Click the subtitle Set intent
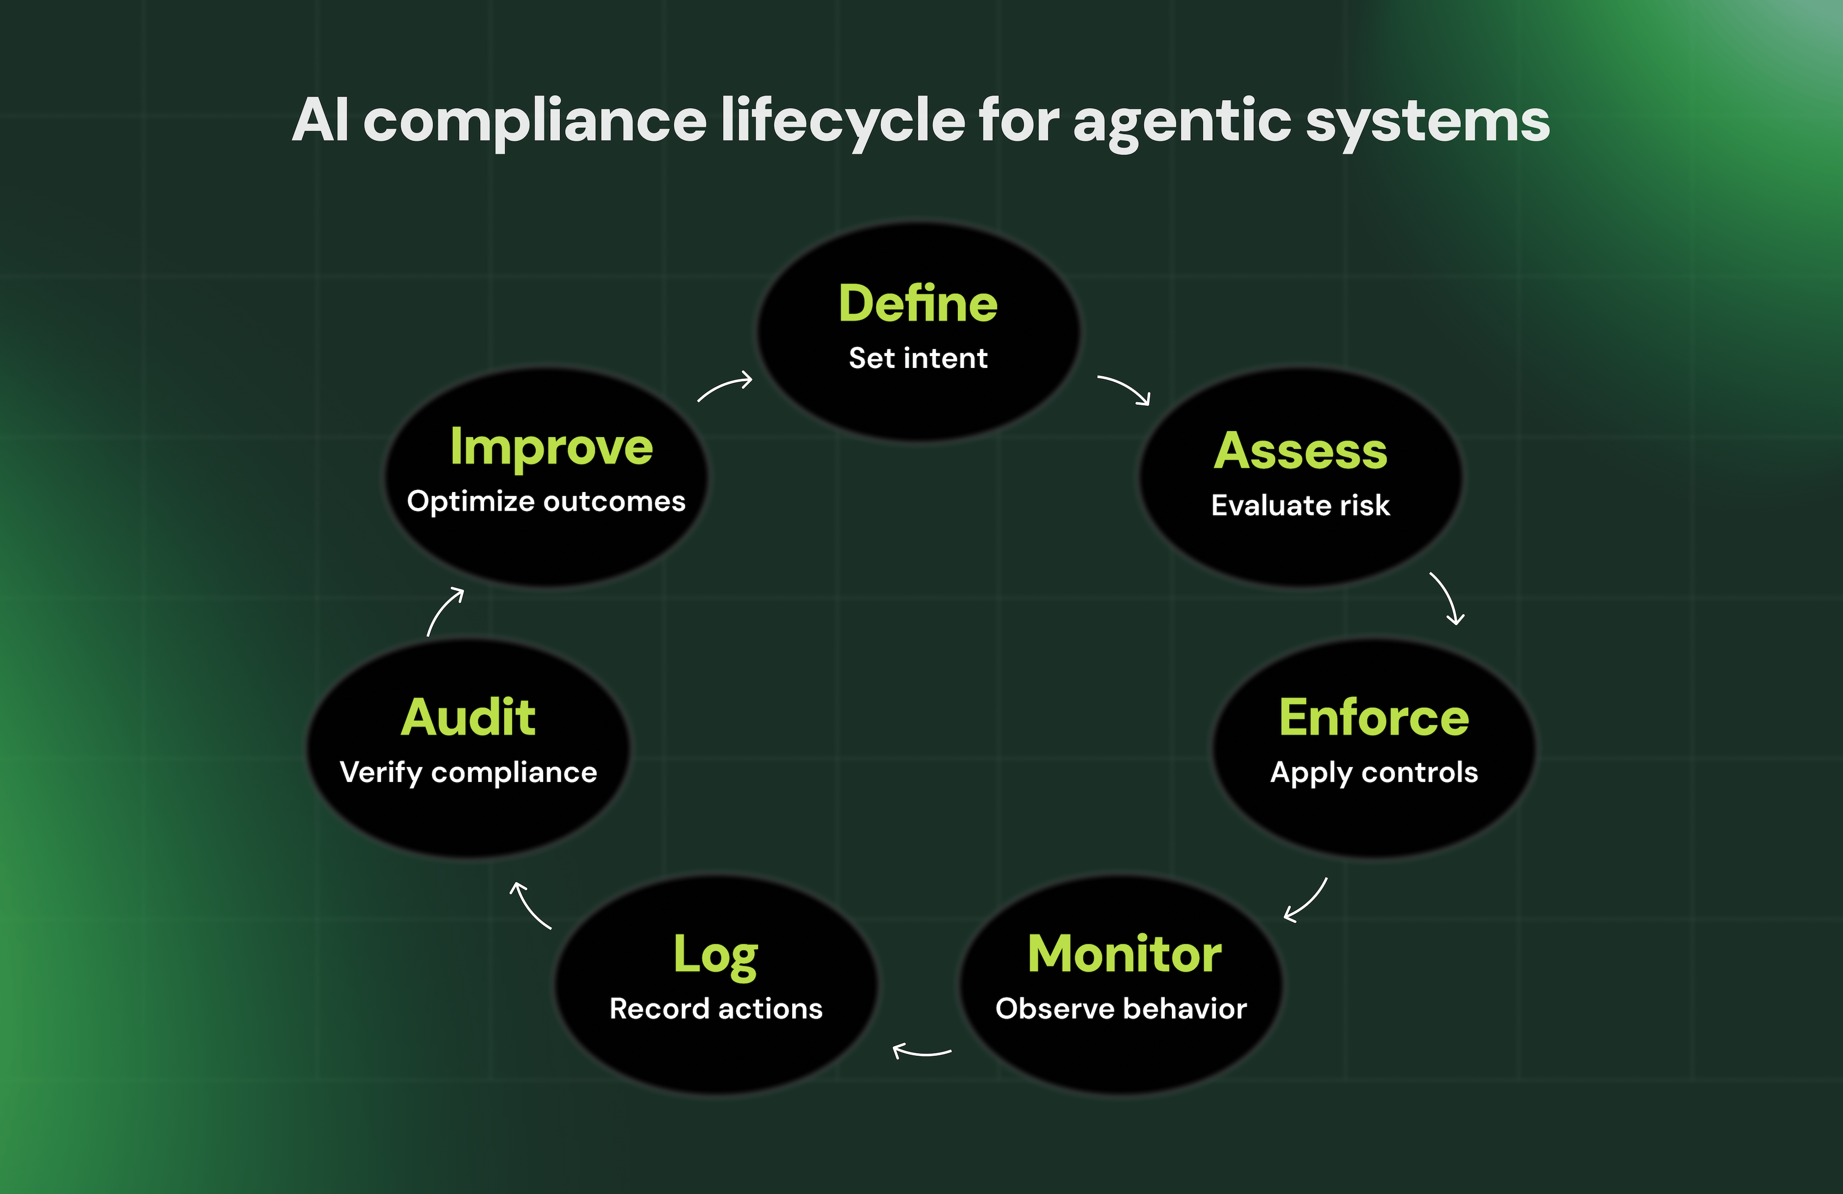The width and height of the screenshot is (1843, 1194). click(918, 358)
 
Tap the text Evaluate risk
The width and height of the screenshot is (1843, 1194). click(1300, 505)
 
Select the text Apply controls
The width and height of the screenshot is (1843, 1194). click(1374, 773)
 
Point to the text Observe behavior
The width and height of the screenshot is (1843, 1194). click(1121, 1009)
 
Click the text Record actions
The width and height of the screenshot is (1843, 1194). click(716, 1009)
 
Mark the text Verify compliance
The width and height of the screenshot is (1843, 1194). click(469, 773)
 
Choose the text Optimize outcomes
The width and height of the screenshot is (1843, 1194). click(546, 502)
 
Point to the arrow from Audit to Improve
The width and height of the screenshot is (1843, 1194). click(445, 611)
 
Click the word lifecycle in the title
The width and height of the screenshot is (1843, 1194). click(843, 121)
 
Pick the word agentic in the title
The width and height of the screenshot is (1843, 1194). click(1182, 121)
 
